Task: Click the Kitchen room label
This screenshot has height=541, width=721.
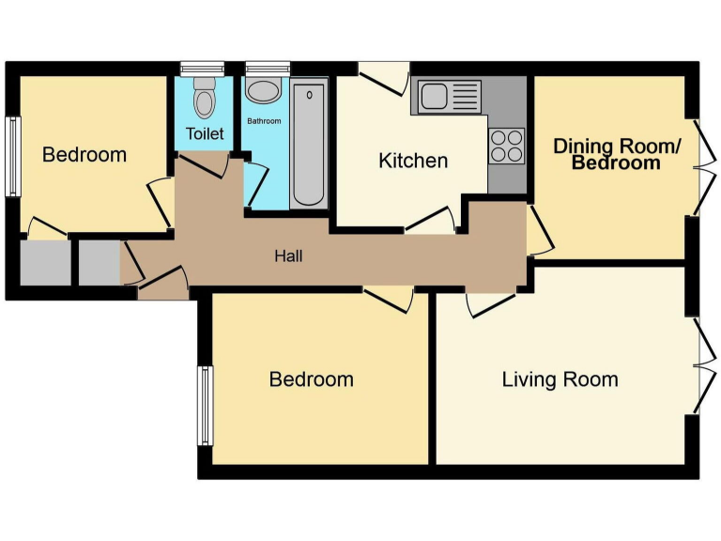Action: pyautogui.click(x=413, y=161)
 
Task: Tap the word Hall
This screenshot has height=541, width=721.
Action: pyautogui.click(x=288, y=255)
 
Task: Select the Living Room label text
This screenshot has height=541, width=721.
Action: pyautogui.click(x=560, y=379)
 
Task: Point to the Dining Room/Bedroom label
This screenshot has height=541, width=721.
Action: pyautogui.click(x=616, y=154)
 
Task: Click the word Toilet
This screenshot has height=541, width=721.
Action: pyautogui.click(x=205, y=133)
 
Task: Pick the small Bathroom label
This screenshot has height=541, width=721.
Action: pyautogui.click(x=264, y=121)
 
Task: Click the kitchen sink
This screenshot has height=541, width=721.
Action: pyautogui.click(x=449, y=96)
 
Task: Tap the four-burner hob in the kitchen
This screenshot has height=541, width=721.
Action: pyautogui.click(x=507, y=146)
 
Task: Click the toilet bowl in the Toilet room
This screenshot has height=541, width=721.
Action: pyautogui.click(x=204, y=97)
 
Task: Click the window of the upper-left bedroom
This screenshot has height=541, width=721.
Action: pyautogui.click(x=12, y=156)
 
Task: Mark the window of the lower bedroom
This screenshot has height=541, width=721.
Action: pyautogui.click(x=203, y=405)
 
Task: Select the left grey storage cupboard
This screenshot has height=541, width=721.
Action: pyautogui.click(x=45, y=263)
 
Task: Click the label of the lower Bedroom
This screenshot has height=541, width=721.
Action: pyautogui.click(x=311, y=379)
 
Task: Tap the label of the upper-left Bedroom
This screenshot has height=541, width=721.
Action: pyautogui.click(x=84, y=154)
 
